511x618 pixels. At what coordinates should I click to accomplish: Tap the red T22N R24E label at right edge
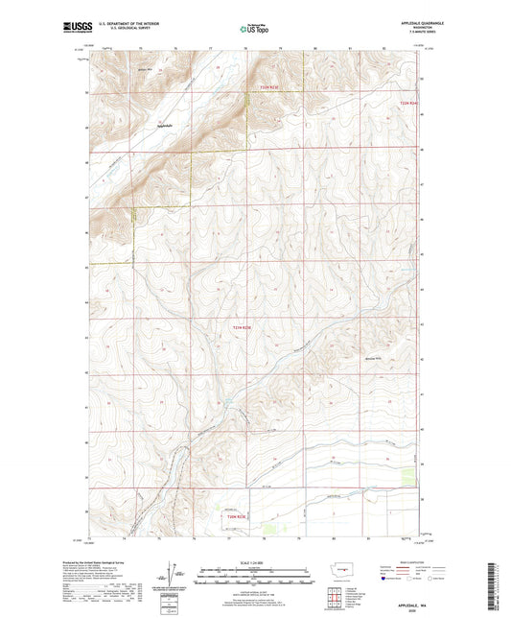point(409,103)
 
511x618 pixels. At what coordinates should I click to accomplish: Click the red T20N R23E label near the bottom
point(237,518)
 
